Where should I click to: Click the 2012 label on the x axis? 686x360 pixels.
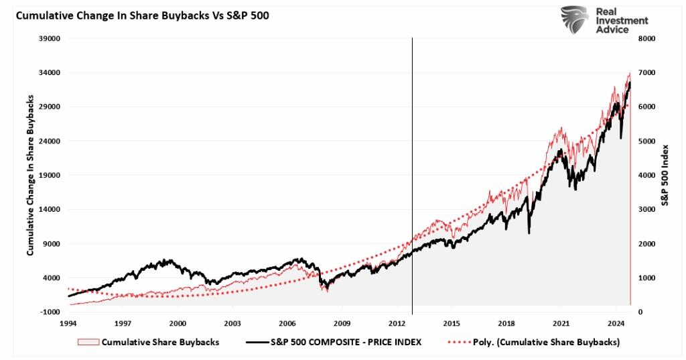click(x=397, y=322)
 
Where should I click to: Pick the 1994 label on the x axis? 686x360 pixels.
click(x=68, y=322)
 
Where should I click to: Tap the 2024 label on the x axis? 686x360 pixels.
click(x=616, y=322)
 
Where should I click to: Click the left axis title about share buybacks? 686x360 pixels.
click(x=30, y=175)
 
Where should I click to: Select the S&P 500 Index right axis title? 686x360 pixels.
click(x=665, y=175)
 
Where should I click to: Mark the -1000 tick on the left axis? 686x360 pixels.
click(x=51, y=312)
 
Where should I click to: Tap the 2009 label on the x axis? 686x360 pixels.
click(x=342, y=322)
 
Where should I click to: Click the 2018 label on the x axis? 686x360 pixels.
click(x=506, y=322)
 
